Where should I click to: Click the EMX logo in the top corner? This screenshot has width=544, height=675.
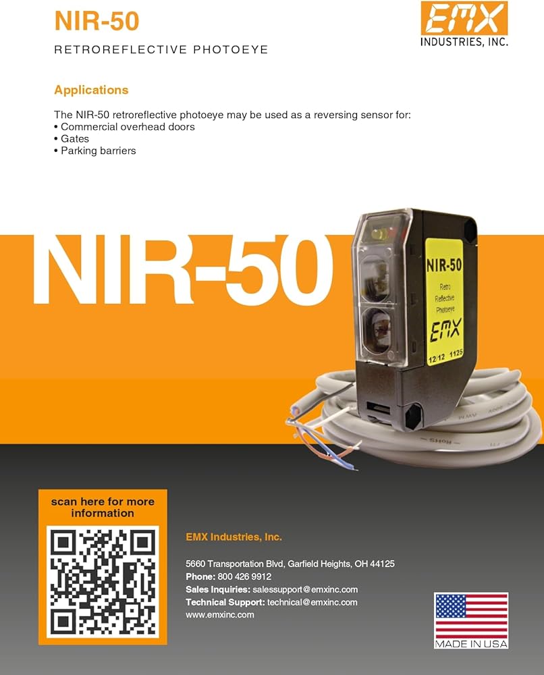(x=464, y=24)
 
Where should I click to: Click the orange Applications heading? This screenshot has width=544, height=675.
(x=91, y=90)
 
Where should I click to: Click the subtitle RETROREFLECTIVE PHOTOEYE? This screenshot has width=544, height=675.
(x=161, y=49)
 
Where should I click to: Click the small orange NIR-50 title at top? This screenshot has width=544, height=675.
(x=97, y=21)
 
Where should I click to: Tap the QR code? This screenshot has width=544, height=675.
(x=103, y=582)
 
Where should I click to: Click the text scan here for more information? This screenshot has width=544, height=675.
(x=103, y=507)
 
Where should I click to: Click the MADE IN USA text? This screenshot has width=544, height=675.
(x=471, y=644)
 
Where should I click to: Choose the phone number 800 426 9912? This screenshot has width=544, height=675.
(x=244, y=576)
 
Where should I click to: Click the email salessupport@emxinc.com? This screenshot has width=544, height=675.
(x=305, y=589)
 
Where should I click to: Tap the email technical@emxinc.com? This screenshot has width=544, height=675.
(x=312, y=602)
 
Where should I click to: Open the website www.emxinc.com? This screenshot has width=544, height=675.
(x=220, y=615)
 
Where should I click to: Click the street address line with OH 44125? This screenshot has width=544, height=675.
(x=290, y=564)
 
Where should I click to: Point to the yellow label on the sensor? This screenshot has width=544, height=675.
(x=444, y=301)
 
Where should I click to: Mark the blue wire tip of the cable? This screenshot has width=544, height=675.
(x=354, y=468)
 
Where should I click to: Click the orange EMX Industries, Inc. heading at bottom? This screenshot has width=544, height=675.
(x=234, y=537)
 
